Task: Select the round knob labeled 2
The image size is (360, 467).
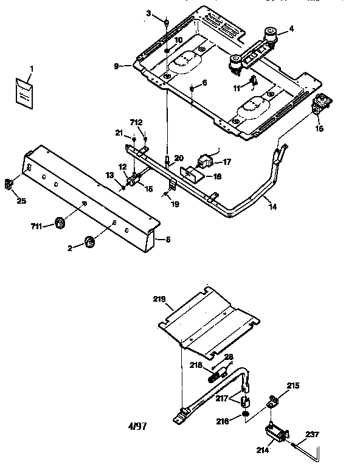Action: click(89, 242)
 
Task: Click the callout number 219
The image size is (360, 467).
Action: click(159, 300)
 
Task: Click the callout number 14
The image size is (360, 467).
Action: click(272, 207)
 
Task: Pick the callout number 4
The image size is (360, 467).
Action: click(291, 28)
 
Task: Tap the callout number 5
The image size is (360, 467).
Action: click(167, 239)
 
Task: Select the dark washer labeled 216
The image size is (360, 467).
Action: click(243, 414)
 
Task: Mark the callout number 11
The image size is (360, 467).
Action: click(237, 88)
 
